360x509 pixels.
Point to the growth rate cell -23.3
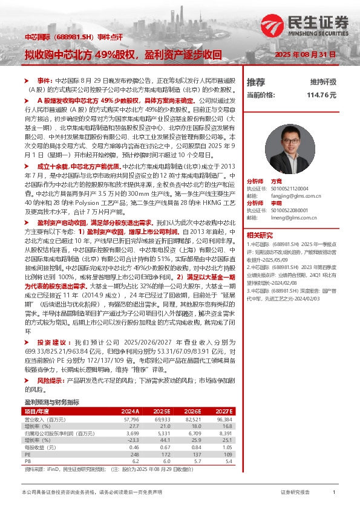tap(131, 440)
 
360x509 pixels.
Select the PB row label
tap(27, 462)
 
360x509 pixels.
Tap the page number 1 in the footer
tap(335, 493)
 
